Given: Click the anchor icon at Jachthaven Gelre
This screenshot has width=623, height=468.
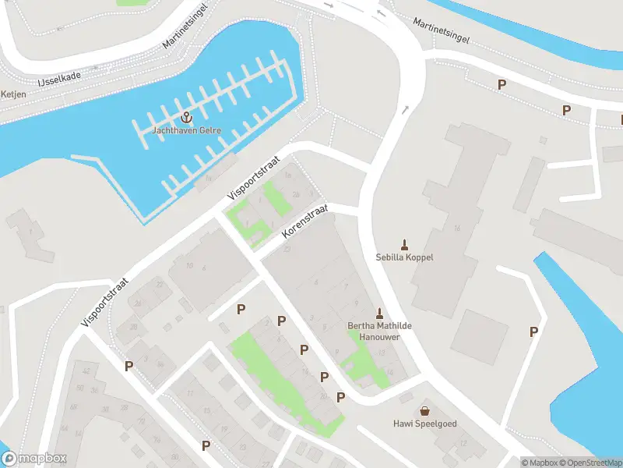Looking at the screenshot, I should (185, 117).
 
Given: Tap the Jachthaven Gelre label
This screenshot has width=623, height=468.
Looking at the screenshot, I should (186, 130).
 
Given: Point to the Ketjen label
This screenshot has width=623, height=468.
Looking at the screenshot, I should (13, 94).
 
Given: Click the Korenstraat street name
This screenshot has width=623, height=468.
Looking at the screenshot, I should (306, 222).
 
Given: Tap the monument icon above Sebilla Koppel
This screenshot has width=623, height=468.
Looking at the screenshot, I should (404, 244).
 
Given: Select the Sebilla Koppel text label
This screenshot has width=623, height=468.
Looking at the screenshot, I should (404, 257).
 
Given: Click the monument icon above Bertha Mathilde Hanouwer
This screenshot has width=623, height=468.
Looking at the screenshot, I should (381, 312).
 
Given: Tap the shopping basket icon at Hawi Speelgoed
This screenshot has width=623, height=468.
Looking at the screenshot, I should (424, 410).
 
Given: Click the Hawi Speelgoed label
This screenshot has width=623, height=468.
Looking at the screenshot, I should (424, 424).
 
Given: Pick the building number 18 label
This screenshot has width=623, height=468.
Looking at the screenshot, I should (457, 228).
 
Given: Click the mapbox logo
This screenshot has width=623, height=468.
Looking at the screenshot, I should (34, 459).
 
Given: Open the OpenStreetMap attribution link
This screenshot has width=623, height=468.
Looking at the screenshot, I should (589, 463).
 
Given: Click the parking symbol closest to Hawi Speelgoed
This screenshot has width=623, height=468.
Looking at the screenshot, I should (340, 398).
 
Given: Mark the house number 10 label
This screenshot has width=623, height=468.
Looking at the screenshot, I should (189, 266).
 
